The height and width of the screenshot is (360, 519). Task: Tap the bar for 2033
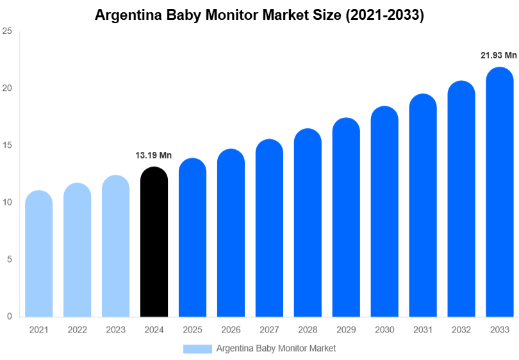[x=500, y=192]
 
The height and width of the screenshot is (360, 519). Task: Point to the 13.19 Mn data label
[x=154, y=155]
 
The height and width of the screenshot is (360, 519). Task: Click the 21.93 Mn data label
[x=498, y=56]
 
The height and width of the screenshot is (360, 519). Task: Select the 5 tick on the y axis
[x=9, y=259]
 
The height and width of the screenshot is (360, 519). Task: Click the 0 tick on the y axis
[x=9, y=316]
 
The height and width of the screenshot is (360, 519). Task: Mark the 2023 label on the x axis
[x=115, y=330]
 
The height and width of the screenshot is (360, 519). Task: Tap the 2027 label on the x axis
[x=269, y=330]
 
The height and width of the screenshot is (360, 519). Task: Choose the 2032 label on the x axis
[x=461, y=330]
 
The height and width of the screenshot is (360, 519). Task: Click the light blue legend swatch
[x=197, y=348]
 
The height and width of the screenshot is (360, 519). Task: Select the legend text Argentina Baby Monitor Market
[x=276, y=348]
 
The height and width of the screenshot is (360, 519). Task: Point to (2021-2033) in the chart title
[x=385, y=15]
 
